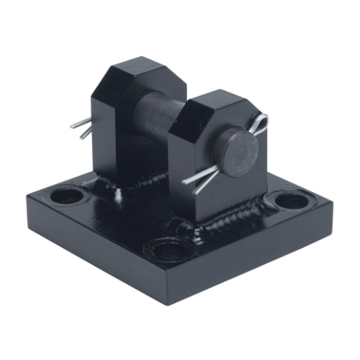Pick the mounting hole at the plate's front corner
click(x=169, y=250)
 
